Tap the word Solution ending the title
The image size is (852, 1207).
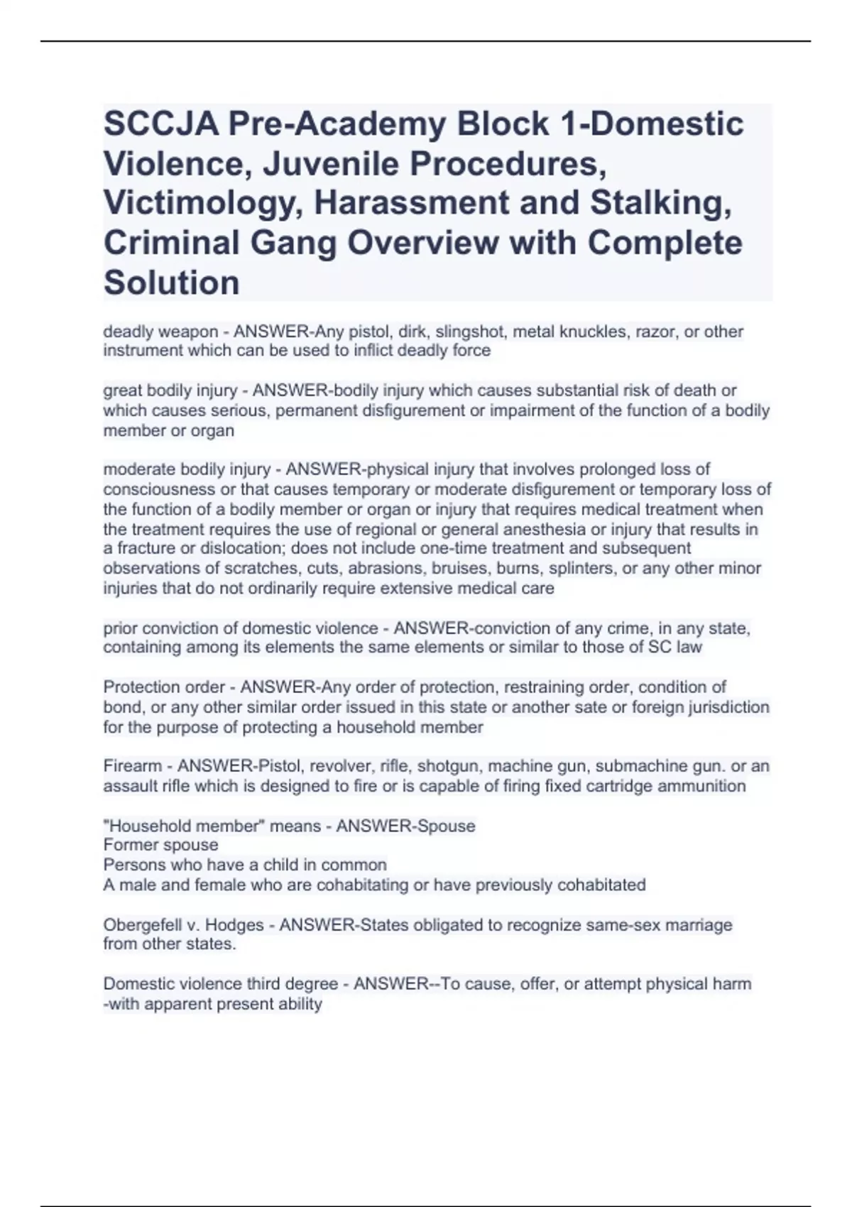pyautogui.click(x=171, y=283)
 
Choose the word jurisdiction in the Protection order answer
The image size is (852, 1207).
pyautogui.click(x=729, y=707)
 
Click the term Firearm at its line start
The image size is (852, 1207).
pyautogui.click(x=133, y=766)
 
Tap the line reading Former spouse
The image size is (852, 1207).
pyautogui.click(x=160, y=845)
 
